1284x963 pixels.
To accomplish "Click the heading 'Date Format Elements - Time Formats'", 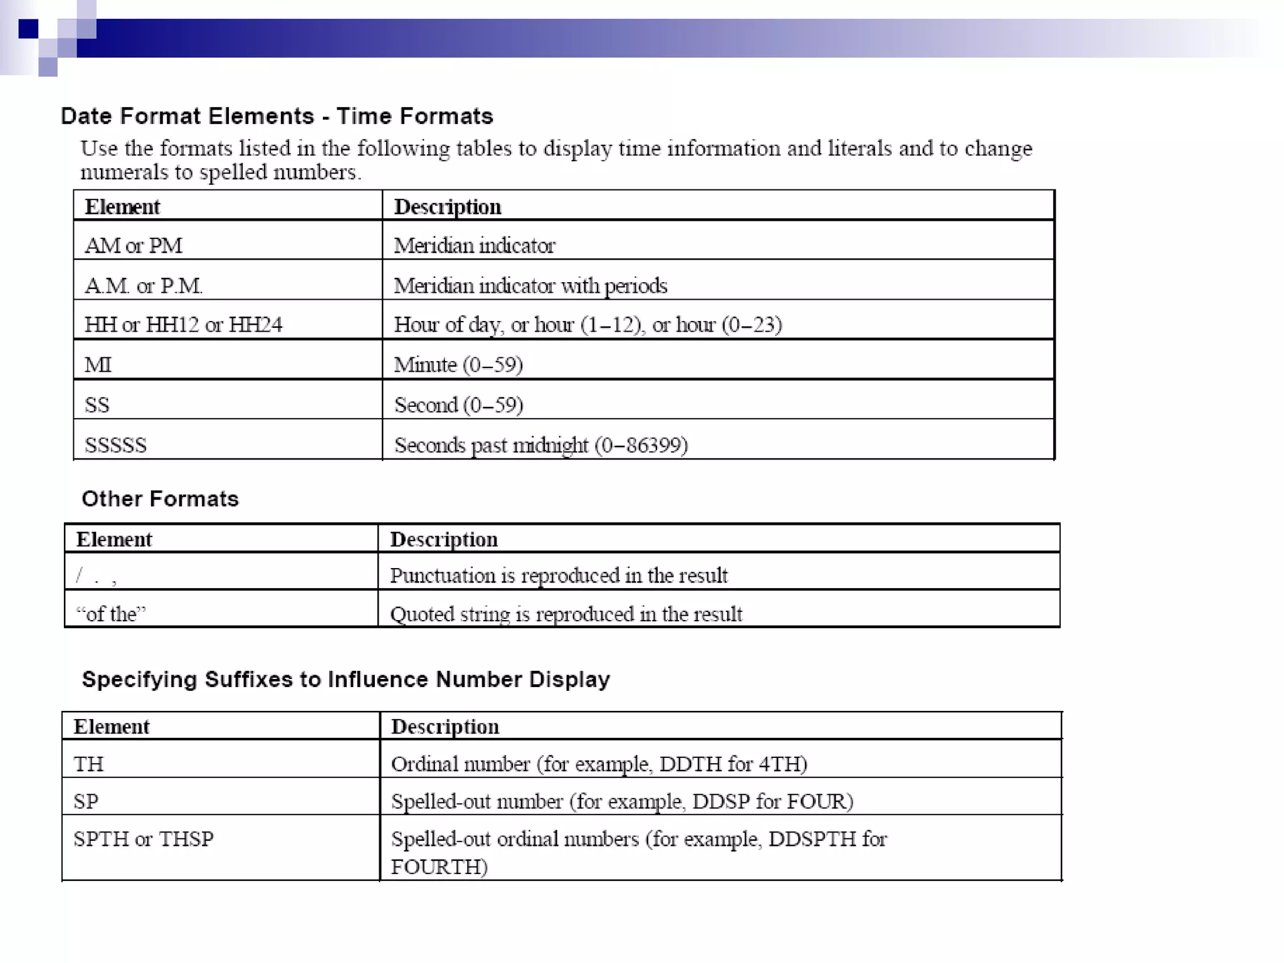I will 276,117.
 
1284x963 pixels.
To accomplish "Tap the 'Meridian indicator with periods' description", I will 530,286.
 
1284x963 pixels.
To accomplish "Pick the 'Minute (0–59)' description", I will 458,365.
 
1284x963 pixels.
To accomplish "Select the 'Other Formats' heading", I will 160,499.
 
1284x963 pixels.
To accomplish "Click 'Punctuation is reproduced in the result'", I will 559,576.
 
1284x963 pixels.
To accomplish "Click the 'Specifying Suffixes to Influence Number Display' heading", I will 345,680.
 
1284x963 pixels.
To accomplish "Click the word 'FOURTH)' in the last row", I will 439,867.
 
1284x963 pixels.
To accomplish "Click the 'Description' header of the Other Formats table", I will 444,540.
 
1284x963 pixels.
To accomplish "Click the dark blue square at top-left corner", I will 28,29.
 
